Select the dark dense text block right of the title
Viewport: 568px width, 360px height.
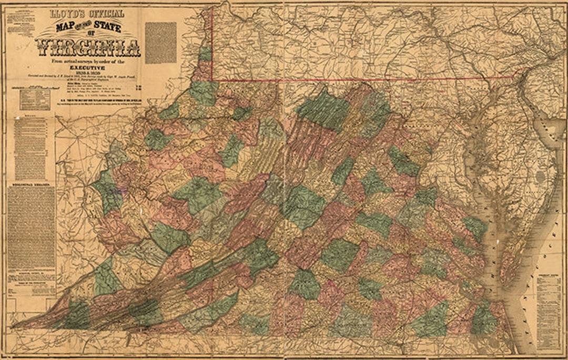tap(160, 43)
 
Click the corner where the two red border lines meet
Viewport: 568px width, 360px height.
tap(212, 80)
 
